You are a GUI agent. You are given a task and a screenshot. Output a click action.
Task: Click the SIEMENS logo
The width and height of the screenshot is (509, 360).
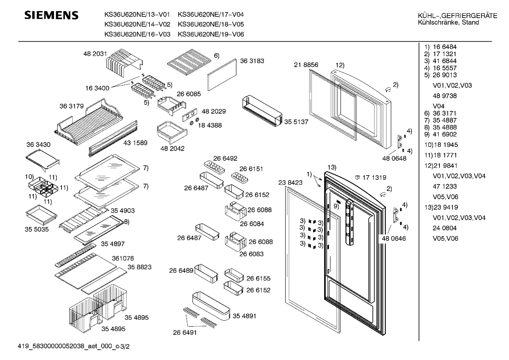pos(51,16)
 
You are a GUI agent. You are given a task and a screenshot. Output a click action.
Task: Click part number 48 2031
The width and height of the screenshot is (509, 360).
pos(95,54)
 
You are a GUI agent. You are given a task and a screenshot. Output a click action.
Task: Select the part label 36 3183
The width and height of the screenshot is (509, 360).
pos(252,61)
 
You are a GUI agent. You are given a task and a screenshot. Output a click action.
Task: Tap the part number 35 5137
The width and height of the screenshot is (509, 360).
pos(296,122)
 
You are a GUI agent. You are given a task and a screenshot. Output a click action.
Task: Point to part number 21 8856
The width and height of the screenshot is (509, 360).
pos(306,65)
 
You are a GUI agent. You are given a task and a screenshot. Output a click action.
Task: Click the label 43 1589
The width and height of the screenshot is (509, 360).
pos(135,143)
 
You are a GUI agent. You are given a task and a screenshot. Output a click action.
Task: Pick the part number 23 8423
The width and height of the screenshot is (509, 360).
pos(290,182)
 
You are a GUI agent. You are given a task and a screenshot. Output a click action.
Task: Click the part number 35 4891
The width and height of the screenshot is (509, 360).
pos(244,316)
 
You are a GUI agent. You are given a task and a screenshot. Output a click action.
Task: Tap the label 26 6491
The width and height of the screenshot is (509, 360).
pos(185,332)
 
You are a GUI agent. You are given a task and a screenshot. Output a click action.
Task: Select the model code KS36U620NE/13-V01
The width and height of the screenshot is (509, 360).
pos(137,14)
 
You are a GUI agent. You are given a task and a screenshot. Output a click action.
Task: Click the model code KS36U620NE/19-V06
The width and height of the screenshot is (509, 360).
pos(211,34)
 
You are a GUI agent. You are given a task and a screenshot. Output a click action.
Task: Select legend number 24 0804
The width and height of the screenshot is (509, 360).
pos(444,228)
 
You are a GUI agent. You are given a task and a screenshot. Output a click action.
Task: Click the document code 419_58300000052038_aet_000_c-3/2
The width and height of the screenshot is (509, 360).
pos(74,347)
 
